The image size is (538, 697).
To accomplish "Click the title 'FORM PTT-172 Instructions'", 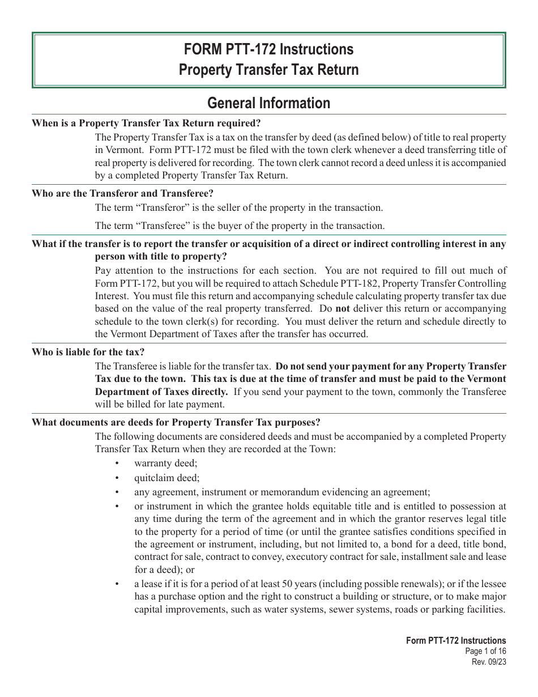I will click(268, 49).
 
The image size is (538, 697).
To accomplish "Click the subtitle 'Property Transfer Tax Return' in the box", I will click(268, 70).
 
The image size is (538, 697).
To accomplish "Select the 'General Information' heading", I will click(268, 103).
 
